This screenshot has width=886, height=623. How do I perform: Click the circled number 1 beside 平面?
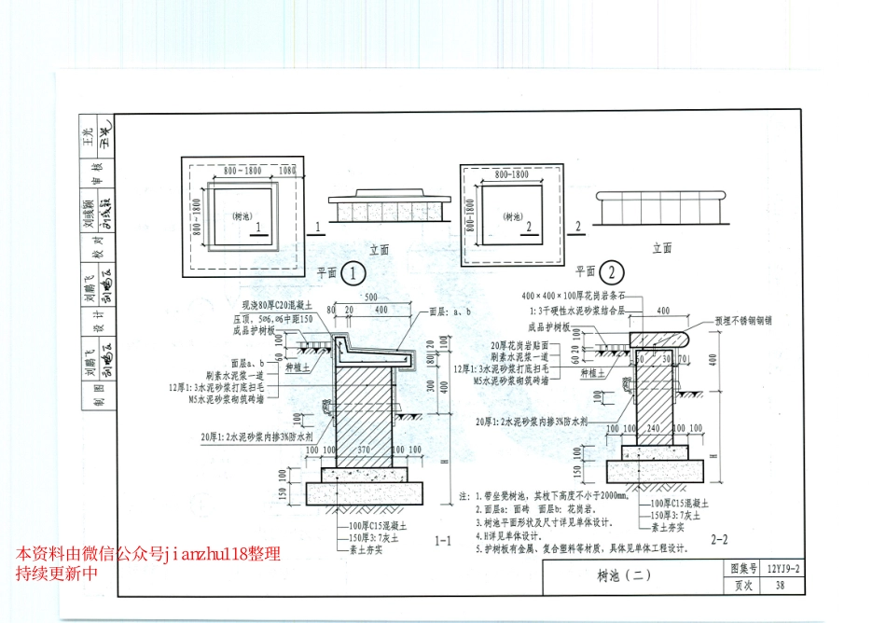click(353, 273)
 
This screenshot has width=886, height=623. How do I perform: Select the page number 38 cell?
click(780, 585)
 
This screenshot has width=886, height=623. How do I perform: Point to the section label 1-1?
click(443, 540)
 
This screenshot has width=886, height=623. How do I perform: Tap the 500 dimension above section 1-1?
click(370, 298)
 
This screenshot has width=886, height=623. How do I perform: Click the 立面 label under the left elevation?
click(379, 249)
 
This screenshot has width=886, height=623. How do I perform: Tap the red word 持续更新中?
click(56, 573)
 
